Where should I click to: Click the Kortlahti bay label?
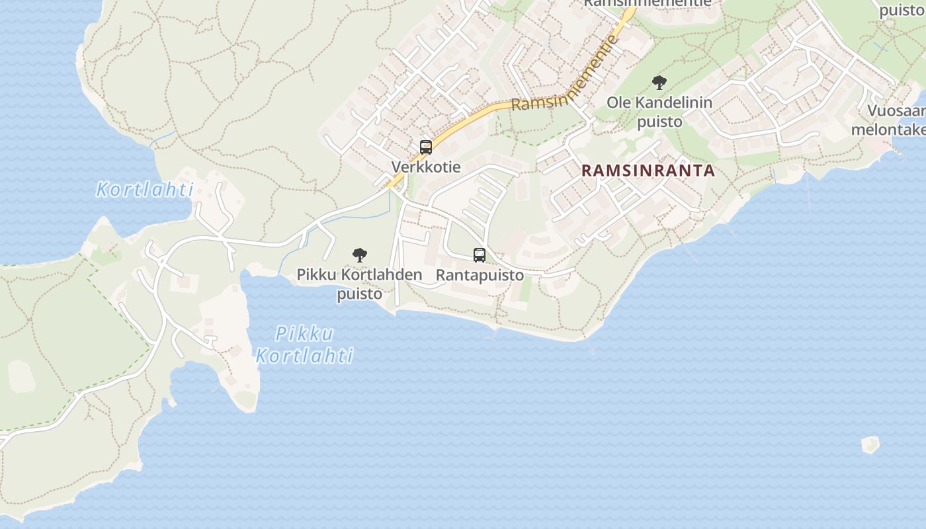coord(144,190)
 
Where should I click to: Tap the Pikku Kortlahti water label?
coord(304,345)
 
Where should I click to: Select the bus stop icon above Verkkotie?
coord(426,147)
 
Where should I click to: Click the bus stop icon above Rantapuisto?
coord(480,255)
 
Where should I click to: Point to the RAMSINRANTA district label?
coord(648,171)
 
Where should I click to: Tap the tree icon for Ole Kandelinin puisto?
coord(659,83)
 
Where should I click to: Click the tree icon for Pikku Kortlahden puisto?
coord(360,255)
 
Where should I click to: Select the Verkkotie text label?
coord(426,167)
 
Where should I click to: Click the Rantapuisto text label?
coord(480,275)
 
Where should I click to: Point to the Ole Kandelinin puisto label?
coord(659,112)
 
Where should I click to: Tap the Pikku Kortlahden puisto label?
coord(359,283)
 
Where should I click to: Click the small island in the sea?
coord(870,444)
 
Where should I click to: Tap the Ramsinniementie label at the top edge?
coord(647,3)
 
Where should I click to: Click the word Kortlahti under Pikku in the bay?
coord(304,356)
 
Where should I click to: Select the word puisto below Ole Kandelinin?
coord(659,122)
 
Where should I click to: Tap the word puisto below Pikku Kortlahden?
coord(359,294)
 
